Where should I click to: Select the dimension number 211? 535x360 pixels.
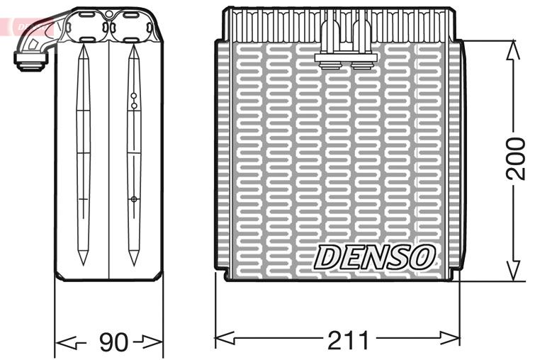point(348,341)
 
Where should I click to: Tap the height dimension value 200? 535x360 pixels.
point(517,160)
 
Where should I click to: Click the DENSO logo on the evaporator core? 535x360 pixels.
point(375,257)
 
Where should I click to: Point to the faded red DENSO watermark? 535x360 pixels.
point(28,27)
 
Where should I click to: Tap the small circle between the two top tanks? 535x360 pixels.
point(108,15)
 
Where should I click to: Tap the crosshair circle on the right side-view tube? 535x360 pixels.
point(133,199)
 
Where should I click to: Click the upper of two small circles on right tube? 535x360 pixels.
point(133,95)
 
